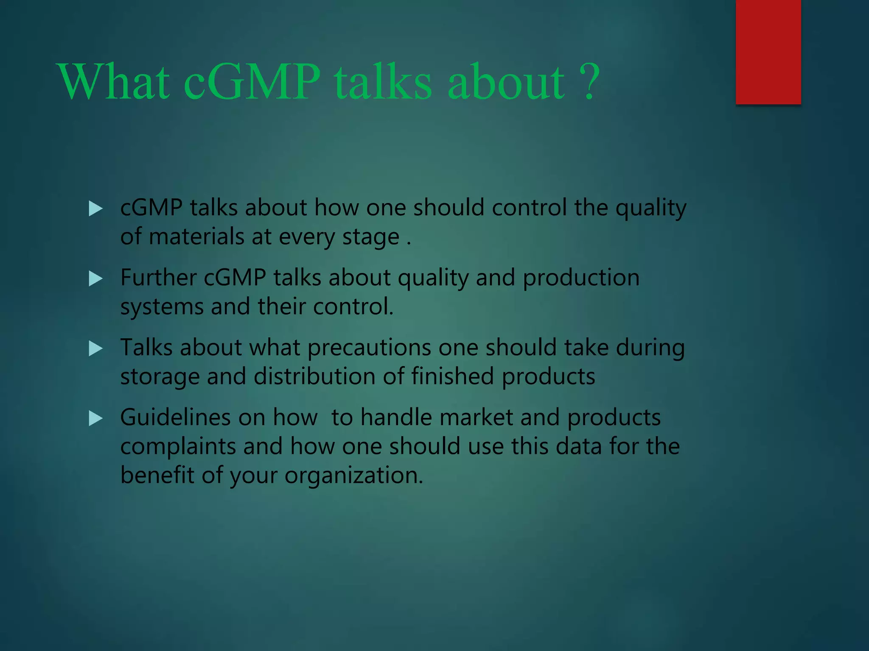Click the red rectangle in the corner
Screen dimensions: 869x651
coord(768,52)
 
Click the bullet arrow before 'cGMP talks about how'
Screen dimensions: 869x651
coord(95,209)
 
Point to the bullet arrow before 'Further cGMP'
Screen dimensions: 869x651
coord(95,279)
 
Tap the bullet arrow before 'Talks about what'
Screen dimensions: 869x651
coord(95,349)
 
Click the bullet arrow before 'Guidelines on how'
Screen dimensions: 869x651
coord(95,419)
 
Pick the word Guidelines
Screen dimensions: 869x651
coord(175,417)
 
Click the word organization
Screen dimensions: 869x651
coord(353,476)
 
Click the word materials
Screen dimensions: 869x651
coord(196,236)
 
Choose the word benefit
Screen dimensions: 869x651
coord(157,475)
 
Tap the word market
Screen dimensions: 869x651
coord(476,417)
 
